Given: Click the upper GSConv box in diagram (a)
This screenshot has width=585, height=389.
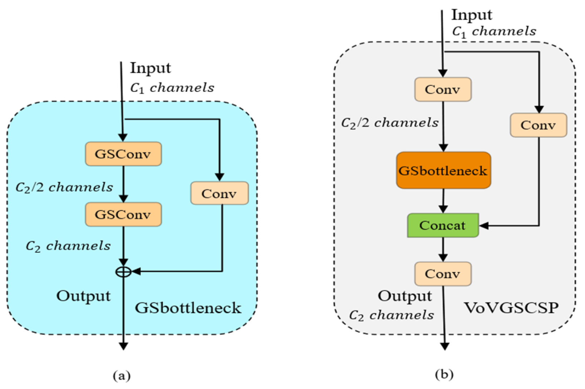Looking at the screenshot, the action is pos(123,154).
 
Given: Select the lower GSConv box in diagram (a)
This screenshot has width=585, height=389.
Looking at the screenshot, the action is pos(123,214).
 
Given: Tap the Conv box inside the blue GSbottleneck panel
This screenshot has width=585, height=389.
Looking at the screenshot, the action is pos(220,193).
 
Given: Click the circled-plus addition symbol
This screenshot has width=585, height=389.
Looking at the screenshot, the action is pos(123,272).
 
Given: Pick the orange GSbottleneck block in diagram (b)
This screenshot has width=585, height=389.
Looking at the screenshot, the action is pos(443,170).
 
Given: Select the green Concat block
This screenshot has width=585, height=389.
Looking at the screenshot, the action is pos(443,225).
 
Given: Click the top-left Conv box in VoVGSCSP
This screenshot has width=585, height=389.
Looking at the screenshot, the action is pos(443,89).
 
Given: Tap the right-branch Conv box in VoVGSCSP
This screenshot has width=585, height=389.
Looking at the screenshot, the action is pos(539,125).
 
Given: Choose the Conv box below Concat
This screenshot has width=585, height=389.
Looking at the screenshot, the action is pos(443,274).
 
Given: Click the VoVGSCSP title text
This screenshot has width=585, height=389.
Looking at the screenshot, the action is pos(511,308).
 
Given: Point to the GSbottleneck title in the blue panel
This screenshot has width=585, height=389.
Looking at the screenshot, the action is pos(188,308).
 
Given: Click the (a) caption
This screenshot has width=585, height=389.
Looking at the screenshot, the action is pos(122,376).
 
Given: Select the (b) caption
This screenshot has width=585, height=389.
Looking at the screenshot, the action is pos(444,375).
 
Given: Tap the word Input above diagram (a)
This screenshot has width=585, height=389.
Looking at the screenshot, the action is pos(151,68).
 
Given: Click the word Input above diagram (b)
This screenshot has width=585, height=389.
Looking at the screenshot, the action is pos(472,15).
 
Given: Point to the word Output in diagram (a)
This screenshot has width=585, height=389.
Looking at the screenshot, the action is pos(84,296).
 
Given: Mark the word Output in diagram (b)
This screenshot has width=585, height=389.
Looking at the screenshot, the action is pos(405,296).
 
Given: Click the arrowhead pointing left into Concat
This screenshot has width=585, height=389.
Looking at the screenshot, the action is pos(484,226).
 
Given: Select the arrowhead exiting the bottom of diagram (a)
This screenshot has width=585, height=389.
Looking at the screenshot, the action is pos(123,346).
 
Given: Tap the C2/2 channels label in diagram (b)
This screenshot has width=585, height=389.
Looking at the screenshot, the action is pos(390,123).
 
